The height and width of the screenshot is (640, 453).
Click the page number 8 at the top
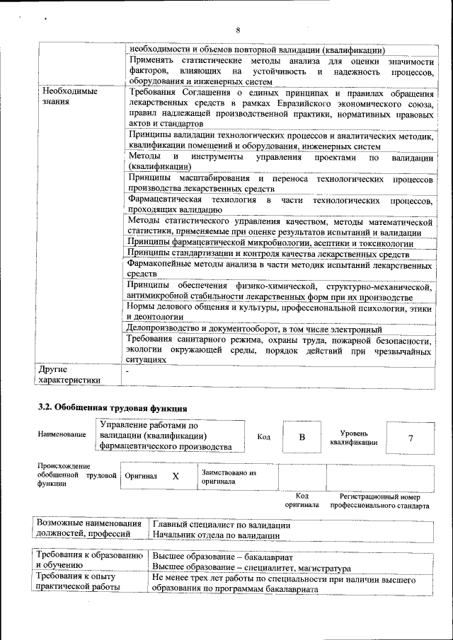click(x=238, y=30)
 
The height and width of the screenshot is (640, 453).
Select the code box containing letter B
click(x=302, y=437)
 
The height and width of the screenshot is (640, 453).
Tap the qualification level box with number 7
click(x=410, y=438)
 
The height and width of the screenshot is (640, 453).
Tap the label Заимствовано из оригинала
click(x=229, y=476)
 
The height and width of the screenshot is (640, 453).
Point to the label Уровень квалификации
click(x=353, y=437)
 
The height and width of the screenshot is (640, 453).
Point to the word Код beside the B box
click(x=263, y=437)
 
